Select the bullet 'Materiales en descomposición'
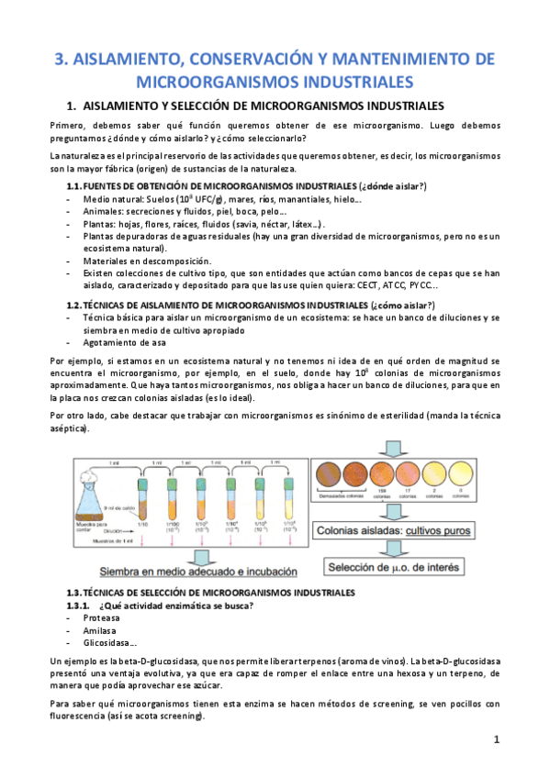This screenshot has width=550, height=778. (x=140, y=261)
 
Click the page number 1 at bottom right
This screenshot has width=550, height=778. (x=496, y=739)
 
